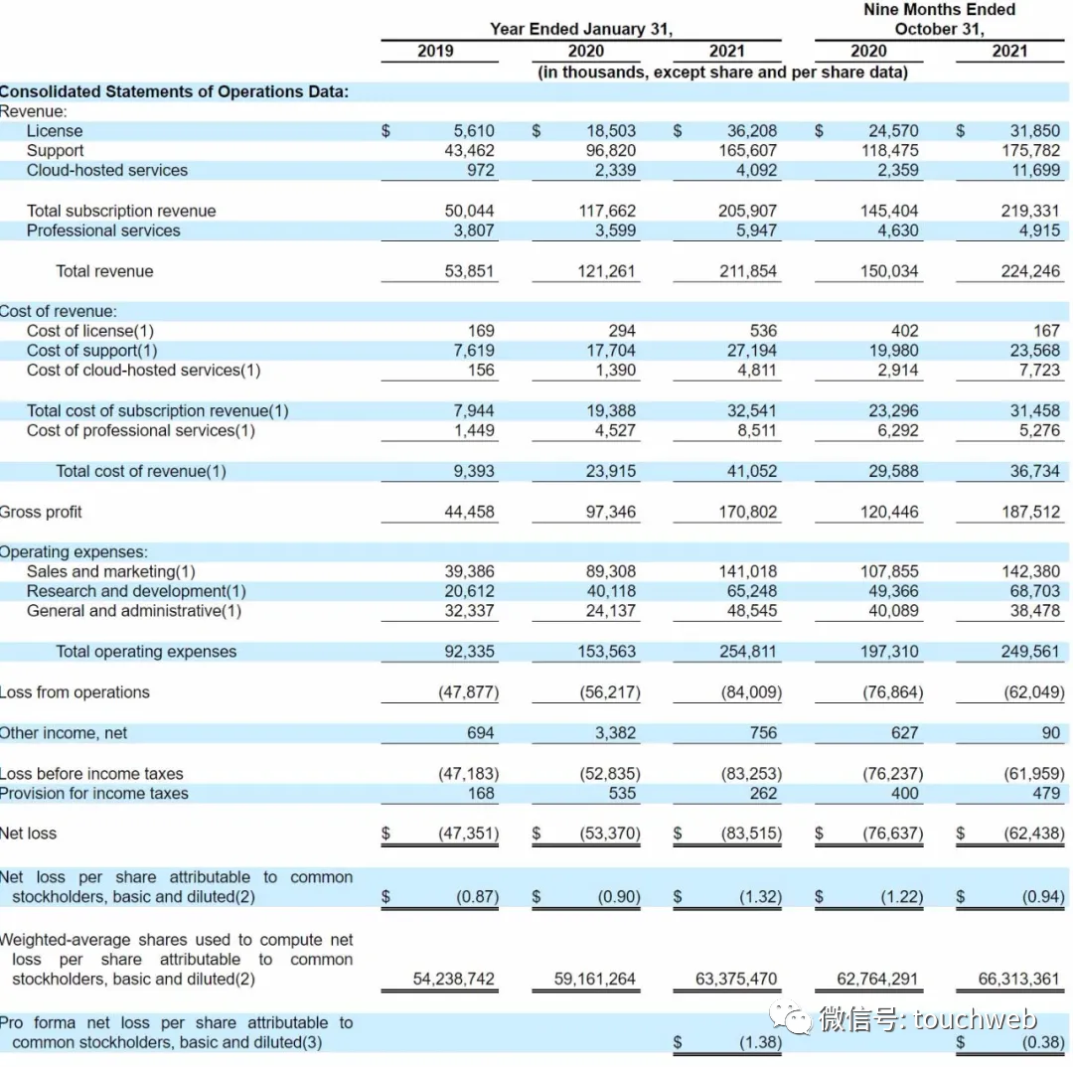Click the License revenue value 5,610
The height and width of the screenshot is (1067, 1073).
coord(473,131)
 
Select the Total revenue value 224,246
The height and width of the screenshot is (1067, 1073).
coord(1029,271)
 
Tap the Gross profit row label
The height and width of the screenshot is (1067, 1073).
coord(41,513)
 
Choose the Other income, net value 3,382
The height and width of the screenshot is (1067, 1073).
coord(613,733)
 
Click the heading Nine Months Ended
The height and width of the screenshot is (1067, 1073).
coord(939,10)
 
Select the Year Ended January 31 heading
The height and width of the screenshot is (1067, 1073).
coord(580,30)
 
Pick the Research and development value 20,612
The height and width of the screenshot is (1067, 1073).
coord(469,591)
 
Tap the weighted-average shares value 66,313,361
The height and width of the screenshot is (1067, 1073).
coord(1018,980)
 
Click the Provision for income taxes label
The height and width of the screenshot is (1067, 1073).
coord(93,794)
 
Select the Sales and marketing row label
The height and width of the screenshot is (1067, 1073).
coord(110,571)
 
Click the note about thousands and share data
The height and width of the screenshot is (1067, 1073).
coord(721,73)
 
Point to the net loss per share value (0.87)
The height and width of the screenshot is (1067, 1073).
coord(476,897)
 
